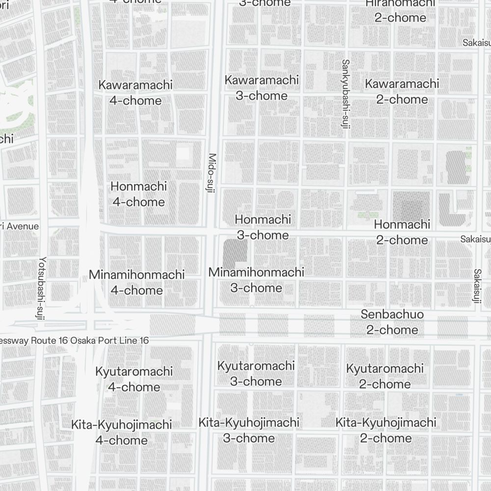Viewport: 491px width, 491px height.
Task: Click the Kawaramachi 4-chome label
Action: tap(136, 92)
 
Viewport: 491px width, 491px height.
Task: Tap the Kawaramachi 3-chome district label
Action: tap(262, 87)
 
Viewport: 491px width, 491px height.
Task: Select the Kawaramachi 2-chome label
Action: tap(402, 91)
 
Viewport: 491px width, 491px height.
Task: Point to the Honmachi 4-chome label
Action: tap(138, 194)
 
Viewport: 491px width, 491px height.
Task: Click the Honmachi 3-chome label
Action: tap(263, 227)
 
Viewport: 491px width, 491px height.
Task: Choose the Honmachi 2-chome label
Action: tap(402, 232)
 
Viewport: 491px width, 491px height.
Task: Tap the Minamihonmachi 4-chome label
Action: tap(136, 282)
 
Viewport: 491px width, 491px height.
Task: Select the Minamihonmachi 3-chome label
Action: tap(256, 280)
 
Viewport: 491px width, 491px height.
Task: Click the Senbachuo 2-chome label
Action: tap(392, 322)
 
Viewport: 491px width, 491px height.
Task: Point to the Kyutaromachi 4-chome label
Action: tap(134, 379)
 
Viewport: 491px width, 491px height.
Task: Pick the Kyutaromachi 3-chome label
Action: tap(256, 373)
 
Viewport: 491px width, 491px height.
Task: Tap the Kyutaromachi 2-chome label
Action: tap(384, 376)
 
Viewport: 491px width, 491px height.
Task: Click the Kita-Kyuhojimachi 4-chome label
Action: tap(121, 432)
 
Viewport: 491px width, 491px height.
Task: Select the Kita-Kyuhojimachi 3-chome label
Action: tap(249, 430)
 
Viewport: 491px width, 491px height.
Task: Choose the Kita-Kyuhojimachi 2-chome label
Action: tap(386, 430)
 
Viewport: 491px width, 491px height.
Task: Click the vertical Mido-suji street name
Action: tap(212, 173)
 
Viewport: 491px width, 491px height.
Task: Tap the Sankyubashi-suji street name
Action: tap(345, 94)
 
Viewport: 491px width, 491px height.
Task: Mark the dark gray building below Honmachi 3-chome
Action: tap(235, 253)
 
